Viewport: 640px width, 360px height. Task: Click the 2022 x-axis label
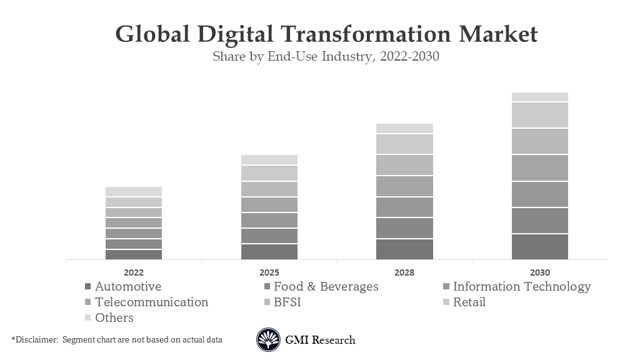click(x=134, y=272)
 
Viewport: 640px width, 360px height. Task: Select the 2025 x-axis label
click(x=269, y=272)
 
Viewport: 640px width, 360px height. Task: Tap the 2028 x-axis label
click(x=404, y=272)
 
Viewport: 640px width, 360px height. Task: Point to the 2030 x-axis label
click(x=540, y=272)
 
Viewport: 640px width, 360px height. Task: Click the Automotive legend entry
click(x=127, y=287)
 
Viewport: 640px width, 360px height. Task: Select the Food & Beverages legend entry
click(x=326, y=287)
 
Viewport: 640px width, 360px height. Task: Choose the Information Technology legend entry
click(x=521, y=287)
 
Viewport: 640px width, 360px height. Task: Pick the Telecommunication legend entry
click(x=151, y=302)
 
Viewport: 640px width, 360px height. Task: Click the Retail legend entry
click(x=469, y=302)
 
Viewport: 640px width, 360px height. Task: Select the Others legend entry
click(x=114, y=317)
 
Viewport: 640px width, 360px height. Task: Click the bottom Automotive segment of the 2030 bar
click(x=540, y=247)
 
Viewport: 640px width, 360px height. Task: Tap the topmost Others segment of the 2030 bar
click(x=540, y=97)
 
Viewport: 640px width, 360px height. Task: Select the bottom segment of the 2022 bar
click(x=134, y=254)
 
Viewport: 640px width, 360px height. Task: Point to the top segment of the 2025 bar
click(x=269, y=160)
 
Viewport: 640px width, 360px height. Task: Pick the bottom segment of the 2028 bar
click(x=404, y=249)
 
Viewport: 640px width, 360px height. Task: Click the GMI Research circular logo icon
click(x=268, y=340)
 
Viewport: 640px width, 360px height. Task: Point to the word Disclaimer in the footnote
click(x=35, y=339)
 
